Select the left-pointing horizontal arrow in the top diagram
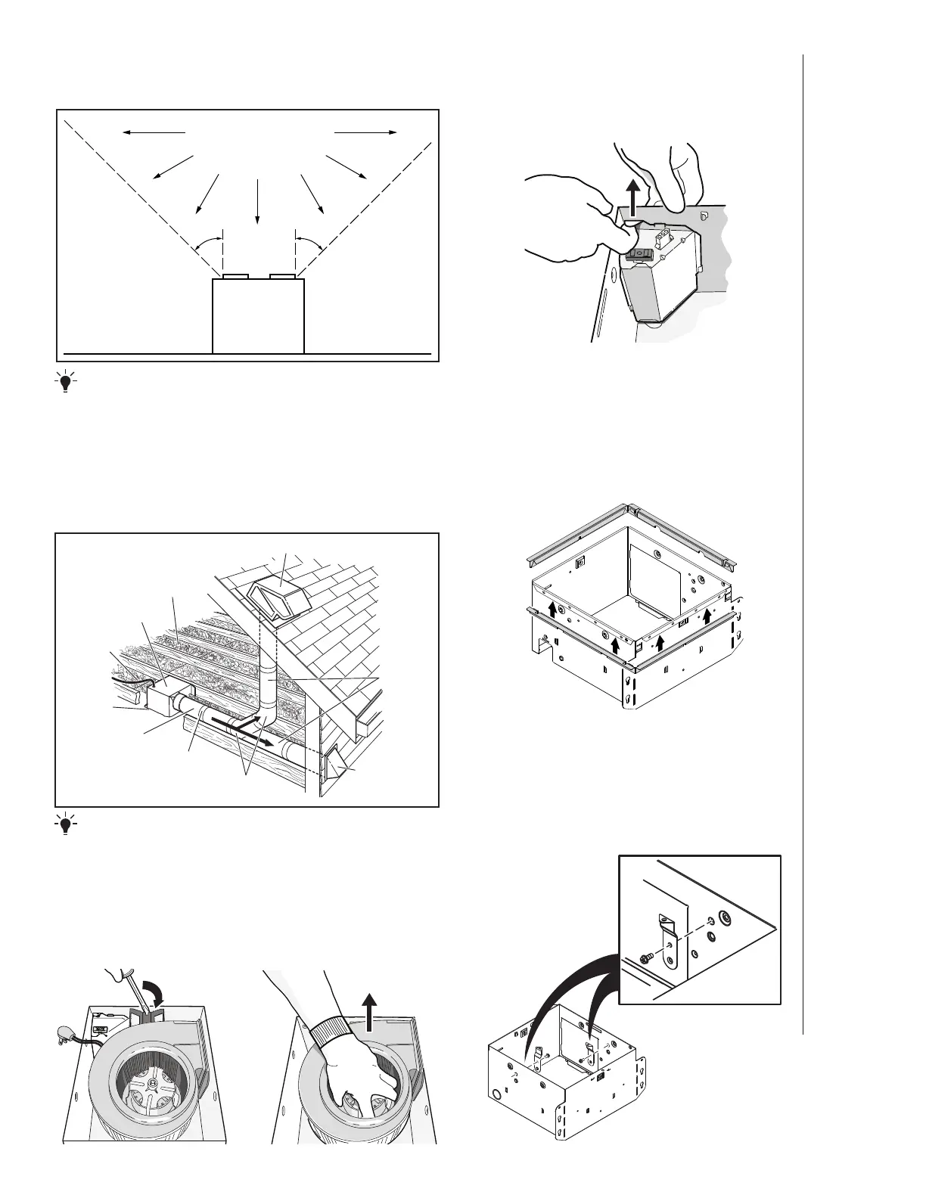pyautogui.click(x=154, y=132)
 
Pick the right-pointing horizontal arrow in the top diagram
pyautogui.click(x=365, y=132)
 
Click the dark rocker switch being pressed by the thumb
pyautogui.click(x=639, y=254)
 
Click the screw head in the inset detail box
pyautogui.click(x=645, y=956)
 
